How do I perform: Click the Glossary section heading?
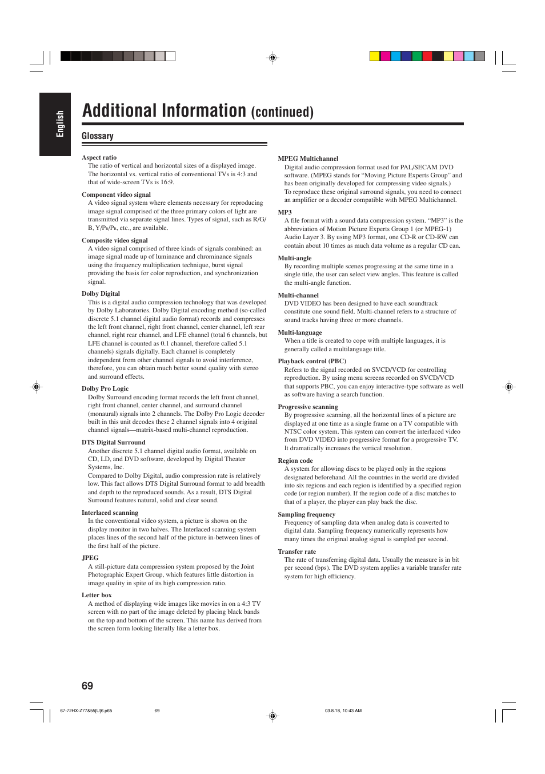(97, 136)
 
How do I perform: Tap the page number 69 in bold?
(87, 686)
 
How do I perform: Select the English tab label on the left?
(60, 124)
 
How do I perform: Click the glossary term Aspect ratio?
(99, 157)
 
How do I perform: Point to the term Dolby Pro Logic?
(105, 388)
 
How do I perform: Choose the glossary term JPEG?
(90, 558)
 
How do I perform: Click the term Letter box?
(97, 595)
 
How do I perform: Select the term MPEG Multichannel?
(308, 158)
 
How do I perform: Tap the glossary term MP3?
(284, 212)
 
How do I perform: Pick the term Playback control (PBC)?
(312, 361)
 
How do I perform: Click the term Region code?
(295, 461)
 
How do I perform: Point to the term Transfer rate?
(297, 551)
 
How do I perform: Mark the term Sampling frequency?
(307, 514)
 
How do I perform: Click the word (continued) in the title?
(282, 112)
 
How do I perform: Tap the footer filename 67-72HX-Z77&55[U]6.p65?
(86, 711)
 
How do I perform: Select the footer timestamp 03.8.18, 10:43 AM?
(343, 711)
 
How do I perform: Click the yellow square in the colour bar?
(375, 56)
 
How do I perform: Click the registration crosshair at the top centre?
(272, 58)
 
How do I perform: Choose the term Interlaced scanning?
(110, 513)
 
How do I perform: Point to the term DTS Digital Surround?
(113, 442)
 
